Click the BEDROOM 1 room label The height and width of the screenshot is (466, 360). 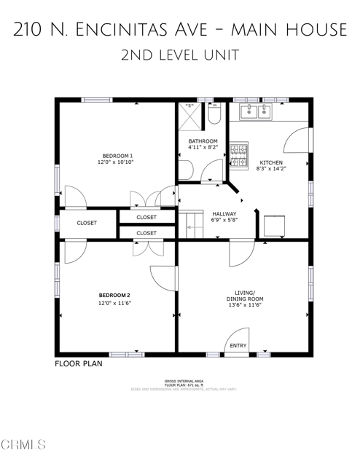tap(117, 155)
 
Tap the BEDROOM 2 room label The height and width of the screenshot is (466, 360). tap(114, 295)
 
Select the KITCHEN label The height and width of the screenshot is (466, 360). tap(271, 162)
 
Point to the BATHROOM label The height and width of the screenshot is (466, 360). tap(203, 141)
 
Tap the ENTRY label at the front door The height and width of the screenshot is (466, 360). tap(238, 345)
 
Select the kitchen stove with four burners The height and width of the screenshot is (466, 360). tap(238, 153)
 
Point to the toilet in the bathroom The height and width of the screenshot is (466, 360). tap(214, 115)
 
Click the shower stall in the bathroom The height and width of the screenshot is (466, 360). tap(190, 116)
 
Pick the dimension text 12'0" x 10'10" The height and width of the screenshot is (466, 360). tap(117, 163)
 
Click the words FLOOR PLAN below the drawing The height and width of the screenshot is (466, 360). tap(78, 363)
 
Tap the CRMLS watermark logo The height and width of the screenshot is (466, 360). tap(23, 444)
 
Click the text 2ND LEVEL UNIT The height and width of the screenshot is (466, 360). tap(179, 55)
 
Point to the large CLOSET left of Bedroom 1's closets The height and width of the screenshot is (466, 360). tap(86, 224)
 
